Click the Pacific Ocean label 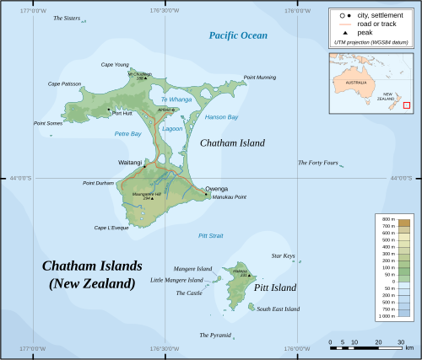[x=238, y=35]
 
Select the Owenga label [x=217, y=189]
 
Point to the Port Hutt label [x=122, y=113]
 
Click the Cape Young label [x=115, y=65]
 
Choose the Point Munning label [x=259, y=78]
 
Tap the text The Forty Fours [x=317, y=163]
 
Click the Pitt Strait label [x=210, y=236]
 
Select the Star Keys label [x=283, y=255]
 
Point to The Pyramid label [x=214, y=335]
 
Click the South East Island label [x=278, y=309]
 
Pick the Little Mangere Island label [x=176, y=280]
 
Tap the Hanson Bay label [x=221, y=117]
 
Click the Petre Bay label [x=127, y=133]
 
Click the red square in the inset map [x=406, y=105]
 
